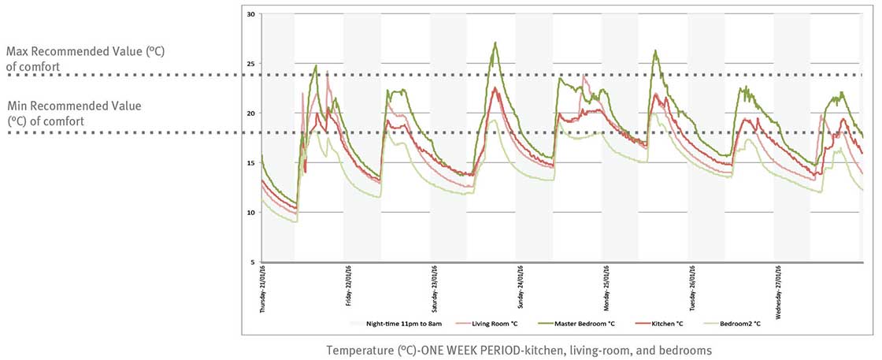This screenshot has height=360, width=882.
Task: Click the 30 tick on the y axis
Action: point(251,14)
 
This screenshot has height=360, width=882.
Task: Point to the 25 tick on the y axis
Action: point(251,64)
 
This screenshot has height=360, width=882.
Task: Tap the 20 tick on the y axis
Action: point(251,113)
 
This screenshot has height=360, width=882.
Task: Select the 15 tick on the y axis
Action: point(251,163)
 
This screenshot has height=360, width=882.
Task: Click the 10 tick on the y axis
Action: point(251,213)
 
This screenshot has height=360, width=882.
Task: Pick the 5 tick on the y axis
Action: point(252,262)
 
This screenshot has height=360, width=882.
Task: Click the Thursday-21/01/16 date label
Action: point(263,289)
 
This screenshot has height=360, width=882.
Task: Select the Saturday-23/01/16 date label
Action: point(435,289)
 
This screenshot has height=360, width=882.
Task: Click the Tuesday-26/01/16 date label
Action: point(692,288)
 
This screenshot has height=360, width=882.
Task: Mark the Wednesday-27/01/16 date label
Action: point(778,290)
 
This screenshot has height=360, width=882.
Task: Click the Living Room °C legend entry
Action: point(501,323)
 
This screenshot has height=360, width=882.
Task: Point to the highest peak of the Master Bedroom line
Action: point(495,43)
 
